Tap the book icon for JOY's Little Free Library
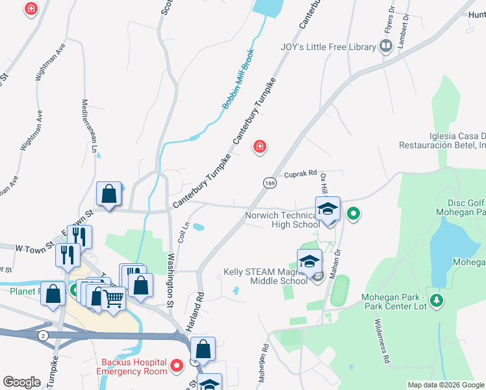click(386, 45)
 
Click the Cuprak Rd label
click(300, 174)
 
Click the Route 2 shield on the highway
click(43, 335)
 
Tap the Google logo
click(21, 382)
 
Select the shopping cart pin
click(114, 298)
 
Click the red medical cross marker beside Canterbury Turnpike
click(260, 148)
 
